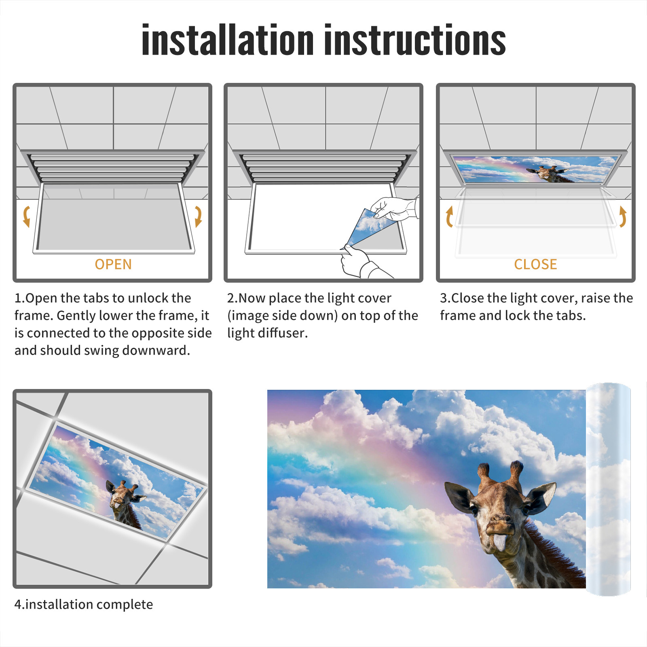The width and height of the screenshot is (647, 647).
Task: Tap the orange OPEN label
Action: [113, 264]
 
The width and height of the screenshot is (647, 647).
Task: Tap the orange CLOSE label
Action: [535, 264]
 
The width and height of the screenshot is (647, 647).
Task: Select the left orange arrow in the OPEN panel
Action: [26, 216]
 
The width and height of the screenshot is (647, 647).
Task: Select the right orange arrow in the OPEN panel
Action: [198, 216]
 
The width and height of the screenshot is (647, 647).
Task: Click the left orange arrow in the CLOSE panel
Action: [449, 216]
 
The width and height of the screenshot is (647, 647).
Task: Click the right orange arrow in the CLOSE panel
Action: [623, 216]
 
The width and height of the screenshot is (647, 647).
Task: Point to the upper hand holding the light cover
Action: [394, 208]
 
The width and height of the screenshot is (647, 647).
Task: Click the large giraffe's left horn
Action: [484, 475]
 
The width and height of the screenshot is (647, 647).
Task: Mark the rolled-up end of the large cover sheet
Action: [608, 489]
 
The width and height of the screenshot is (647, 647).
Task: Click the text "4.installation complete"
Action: [84, 605]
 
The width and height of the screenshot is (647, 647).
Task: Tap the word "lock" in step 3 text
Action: [528, 315]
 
